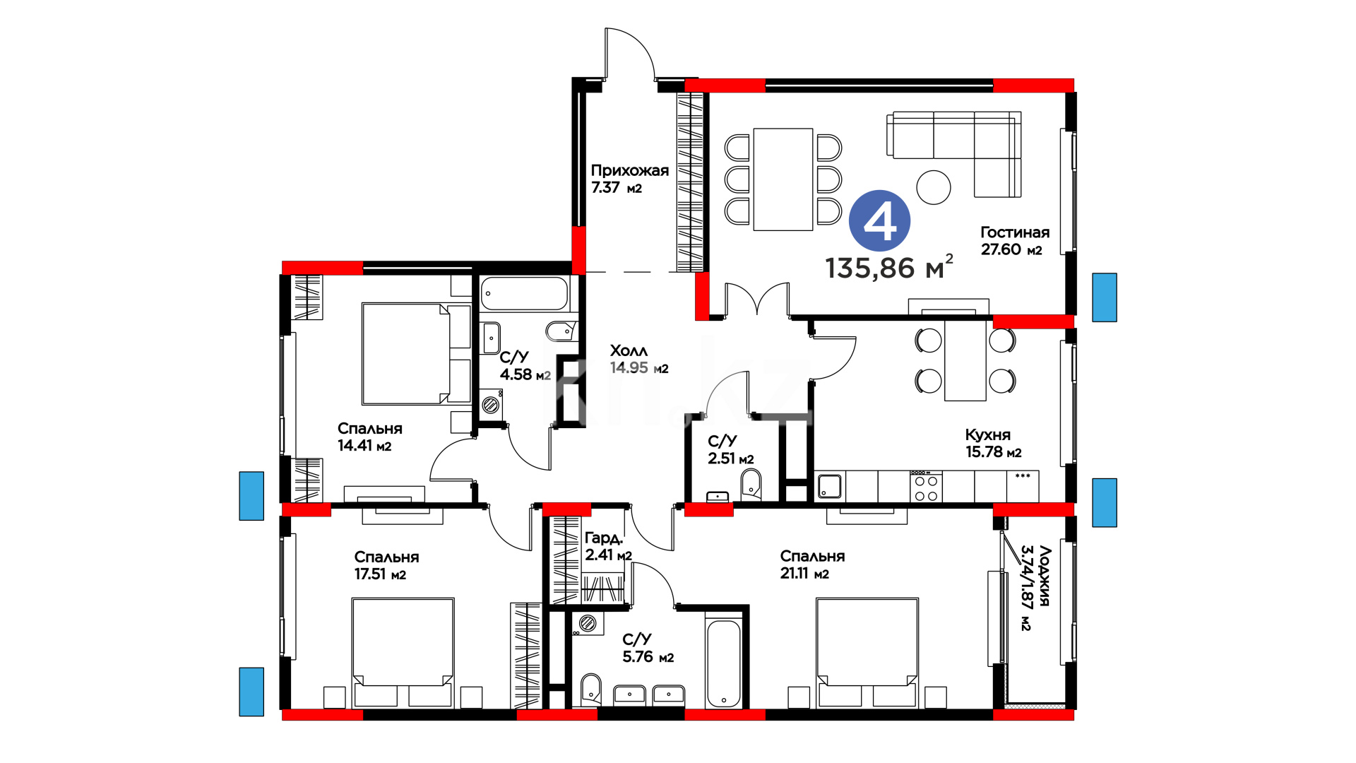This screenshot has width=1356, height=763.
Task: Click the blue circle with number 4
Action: pyautogui.click(x=879, y=221)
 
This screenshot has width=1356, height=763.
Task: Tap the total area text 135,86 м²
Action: pyautogui.click(x=889, y=267)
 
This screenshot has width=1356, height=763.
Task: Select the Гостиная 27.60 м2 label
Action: pyautogui.click(x=1015, y=241)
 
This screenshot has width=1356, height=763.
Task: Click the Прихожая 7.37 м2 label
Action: pyautogui.click(x=629, y=179)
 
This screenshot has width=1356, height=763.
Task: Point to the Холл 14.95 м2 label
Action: pyautogui.click(x=638, y=359)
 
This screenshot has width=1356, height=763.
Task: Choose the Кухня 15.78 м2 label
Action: pyautogui.click(x=993, y=443)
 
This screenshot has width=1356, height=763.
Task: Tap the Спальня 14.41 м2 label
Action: pyautogui.click(x=369, y=437)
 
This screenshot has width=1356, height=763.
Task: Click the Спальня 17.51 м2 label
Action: pyautogui.click(x=386, y=565)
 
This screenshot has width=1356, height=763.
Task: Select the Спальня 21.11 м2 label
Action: pyautogui.click(x=812, y=564)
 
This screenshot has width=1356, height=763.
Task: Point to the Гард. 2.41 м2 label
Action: pyautogui.click(x=608, y=547)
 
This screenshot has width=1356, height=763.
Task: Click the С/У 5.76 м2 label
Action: pyautogui.click(x=648, y=648)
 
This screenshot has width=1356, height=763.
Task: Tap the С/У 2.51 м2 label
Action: pyautogui.click(x=730, y=450)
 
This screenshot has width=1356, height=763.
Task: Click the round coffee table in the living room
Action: pyautogui.click(x=934, y=187)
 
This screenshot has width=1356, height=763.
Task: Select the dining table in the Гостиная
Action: pyautogui.click(x=783, y=179)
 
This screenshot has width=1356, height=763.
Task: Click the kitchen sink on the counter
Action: pyautogui.click(x=829, y=486)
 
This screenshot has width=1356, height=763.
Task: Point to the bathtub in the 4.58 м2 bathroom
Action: pyautogui.click(x=524, y=294)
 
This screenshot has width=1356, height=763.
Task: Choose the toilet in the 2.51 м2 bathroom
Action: pyautogui.click(x=751, y=484)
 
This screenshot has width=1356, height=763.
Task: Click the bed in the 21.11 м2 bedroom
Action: pyautogui.click(x=867, y=653)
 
